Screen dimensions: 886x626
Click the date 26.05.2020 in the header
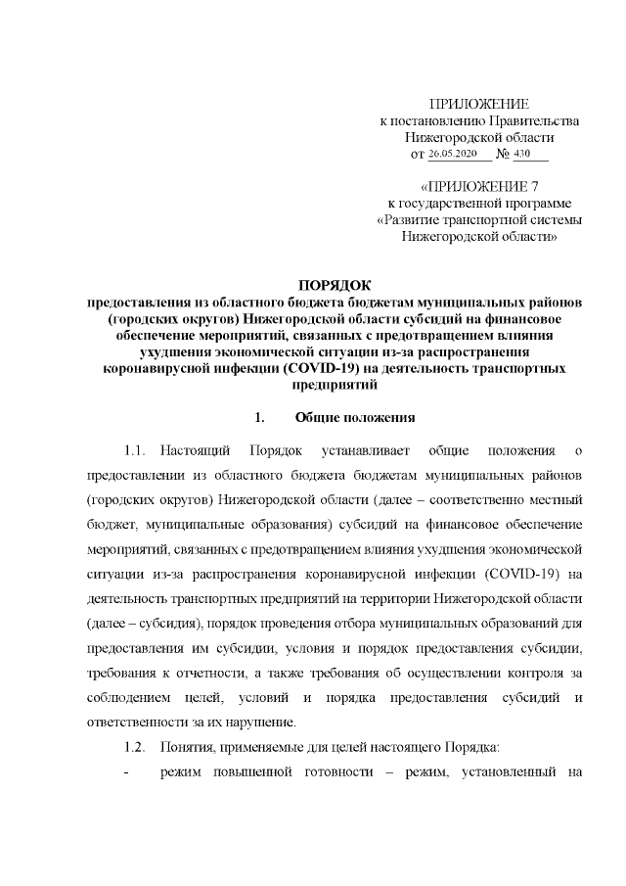click(451, 154)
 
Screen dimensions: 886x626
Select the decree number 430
click(534, 154)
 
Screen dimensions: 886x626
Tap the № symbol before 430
click(506, 154)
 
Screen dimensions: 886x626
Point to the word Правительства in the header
click(535, 120)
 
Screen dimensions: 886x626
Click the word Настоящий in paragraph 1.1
click(196, 451)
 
